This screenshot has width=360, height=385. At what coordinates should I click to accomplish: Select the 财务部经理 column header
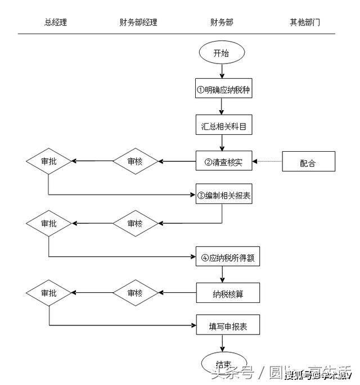coord(138,22)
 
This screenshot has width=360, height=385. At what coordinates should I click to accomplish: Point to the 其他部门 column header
coord(305,22)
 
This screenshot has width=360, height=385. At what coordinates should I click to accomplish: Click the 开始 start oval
coord(223,53)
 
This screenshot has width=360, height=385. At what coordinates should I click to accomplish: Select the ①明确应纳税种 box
coord(223,89)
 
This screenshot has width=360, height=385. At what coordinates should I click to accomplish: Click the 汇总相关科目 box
coord(223,126)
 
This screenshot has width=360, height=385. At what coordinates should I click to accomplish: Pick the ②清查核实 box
coord(223,162)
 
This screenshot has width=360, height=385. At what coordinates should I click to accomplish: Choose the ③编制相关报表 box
coord(223,194)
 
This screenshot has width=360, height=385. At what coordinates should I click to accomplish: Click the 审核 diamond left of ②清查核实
coord(135,162)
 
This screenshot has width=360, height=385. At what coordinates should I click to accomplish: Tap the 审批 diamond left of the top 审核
coord(49,162)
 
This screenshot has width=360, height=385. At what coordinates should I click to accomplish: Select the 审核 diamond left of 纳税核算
coord(135,293)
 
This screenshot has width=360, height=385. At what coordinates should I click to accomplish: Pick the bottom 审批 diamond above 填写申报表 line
coord(49,293)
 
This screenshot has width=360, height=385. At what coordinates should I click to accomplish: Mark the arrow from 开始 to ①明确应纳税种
coord(223,71)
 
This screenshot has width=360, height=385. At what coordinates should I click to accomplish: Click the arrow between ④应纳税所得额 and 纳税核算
coord(223,275)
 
